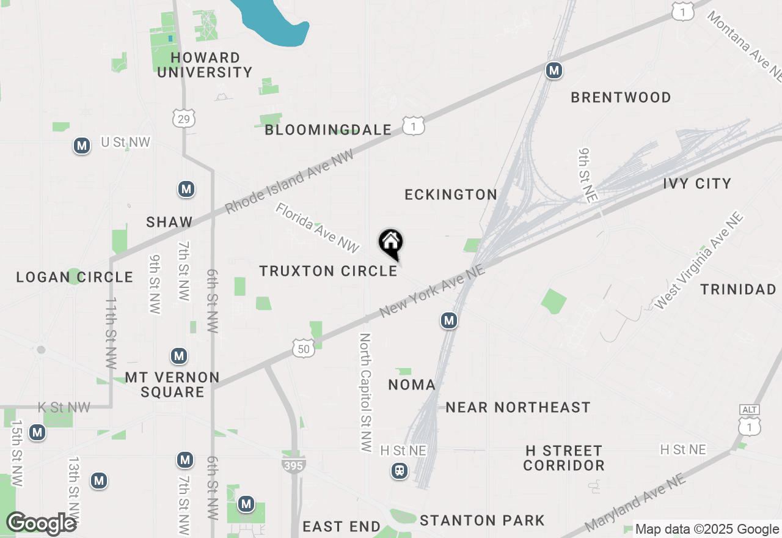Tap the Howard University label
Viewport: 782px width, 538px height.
tap(211, 65)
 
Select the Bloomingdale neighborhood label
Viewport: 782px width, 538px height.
tap(328, 130)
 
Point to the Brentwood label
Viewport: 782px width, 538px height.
tap(621, 97)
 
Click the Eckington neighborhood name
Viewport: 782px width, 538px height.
tap(451, 194)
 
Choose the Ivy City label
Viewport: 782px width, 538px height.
tap(697, 183)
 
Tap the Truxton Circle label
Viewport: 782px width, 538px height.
tap(329, 271)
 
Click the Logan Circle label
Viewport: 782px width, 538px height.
tap(75, 277)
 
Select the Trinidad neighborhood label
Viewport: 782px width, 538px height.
tap(738, 289)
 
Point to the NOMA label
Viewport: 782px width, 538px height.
tap(412, 385)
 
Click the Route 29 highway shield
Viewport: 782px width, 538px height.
tap(184, 119)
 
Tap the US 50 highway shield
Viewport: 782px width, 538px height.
tap(304, 348)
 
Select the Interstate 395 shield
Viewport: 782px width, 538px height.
tap(294, 466)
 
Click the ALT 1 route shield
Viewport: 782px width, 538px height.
tap(750, 421)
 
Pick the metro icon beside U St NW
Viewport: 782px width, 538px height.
tap(81, 146)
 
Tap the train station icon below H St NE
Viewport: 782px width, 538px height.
tap(400, 471)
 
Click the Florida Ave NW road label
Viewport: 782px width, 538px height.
tap(316, 228)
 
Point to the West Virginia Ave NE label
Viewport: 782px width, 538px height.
tap(698, 260)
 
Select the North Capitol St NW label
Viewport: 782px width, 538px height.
tap(365, 392)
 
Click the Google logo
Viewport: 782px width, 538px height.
tap(41, 523)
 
